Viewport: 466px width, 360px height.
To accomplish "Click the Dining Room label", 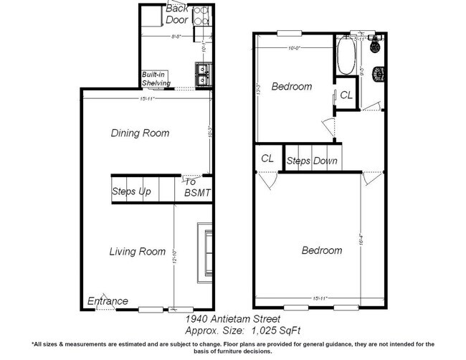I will (x=140, y=133).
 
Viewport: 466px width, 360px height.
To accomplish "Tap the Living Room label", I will (x=137, y=252).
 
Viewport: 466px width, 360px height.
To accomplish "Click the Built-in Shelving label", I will (x=156, y=79).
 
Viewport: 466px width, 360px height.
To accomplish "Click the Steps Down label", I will (x=312, y=161).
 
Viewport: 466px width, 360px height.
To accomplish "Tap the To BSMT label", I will (x=197, y=187).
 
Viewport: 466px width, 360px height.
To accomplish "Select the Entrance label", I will (x=108, y=301).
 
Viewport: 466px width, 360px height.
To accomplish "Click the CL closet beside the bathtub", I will (x=346, y=95).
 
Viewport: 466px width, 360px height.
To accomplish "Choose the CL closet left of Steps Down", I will (x=268, y=158).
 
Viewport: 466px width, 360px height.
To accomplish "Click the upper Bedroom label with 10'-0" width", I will (x=292, y=87).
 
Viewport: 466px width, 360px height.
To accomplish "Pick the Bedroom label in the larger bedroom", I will (x=321, y=250).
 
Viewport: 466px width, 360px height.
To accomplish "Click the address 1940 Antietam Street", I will (x=233, y=318).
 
